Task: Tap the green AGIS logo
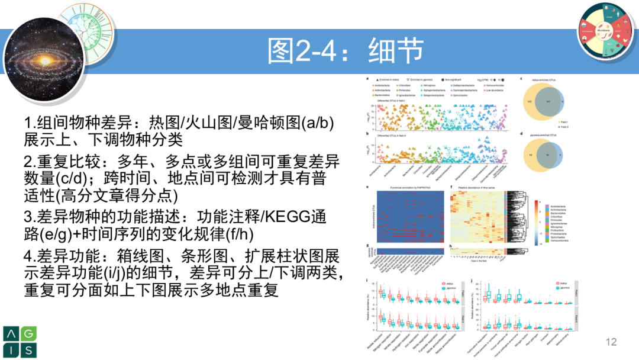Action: tap(20, 341)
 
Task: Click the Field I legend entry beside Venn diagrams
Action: tap(564, 121)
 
